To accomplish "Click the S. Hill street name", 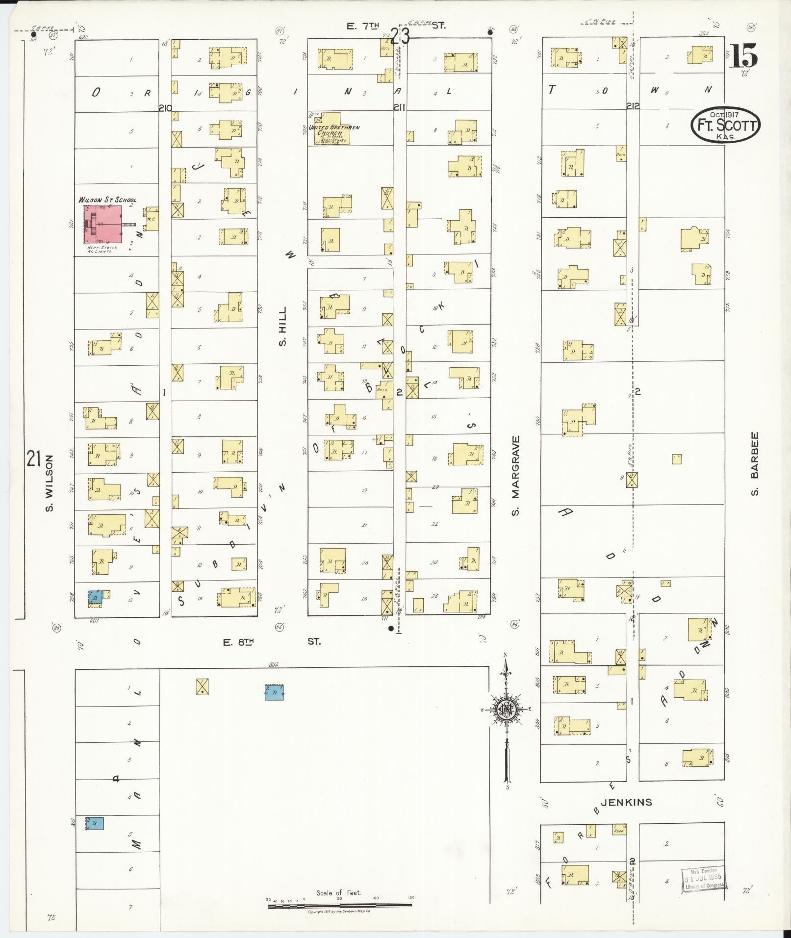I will coord(282,326).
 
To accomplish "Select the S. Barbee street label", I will coord(755,463).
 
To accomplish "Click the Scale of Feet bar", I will coord(340,906).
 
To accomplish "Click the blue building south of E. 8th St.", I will coord(275,692).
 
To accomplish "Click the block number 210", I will coord(165,108).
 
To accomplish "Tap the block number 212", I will coord(633,105).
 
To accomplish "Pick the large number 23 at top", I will coord(401,36).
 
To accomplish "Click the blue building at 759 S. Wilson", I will coord(95,597).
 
